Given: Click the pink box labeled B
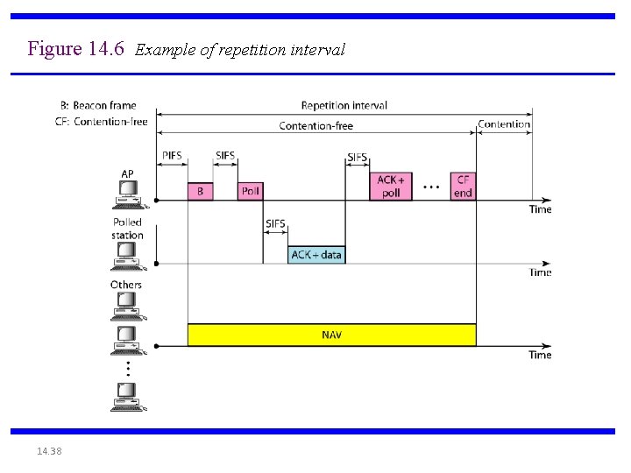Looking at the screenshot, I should pyautogui.click(x=200, y=191).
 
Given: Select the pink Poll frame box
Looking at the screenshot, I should pyautogui.click(x=250, y=191).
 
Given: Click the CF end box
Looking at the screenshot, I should pyautogui.click(x=463, y=186).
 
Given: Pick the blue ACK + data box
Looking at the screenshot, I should pyautogui.click(x=316, y=255).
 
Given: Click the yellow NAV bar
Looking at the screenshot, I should pyautogui.click(x=331, y=335).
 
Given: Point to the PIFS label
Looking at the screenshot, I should pyautogui.click(x=172, y=156).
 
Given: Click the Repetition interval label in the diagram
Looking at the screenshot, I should pyautogui.click(x=344, y=105).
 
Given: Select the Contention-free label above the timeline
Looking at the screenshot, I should pyautogui.click(x=315, y=125).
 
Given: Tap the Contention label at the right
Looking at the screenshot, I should pyautogui.click(x=504, y=124).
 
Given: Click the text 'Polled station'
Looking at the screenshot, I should pyautogui.click(x=127, y=229).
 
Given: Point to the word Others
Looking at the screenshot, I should pyautogui.click(x=126, y=285).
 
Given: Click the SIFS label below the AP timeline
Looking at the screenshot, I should pyautogui.click(x=275, y=223).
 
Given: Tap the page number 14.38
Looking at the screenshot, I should pyautogui.click(x=50, y=451).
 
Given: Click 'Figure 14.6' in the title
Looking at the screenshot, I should pyautogui.click(x=78, y=48).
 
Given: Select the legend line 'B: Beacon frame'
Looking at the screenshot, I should pyautogui.click(x=99, y=106).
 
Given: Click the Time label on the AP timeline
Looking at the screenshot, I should pyautogui.click(x=541, y=209).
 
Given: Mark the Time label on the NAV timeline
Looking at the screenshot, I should pyautogui.click(x=541, y=355).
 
